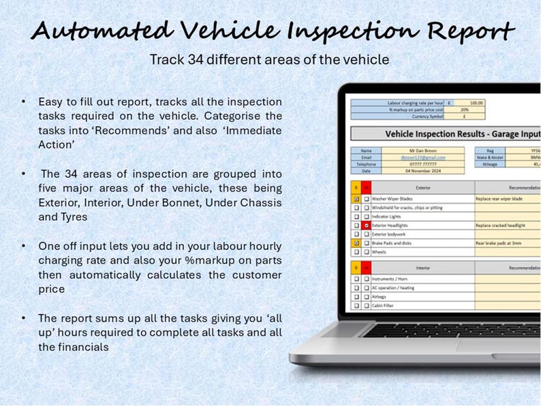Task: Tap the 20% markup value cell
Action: (464, 109)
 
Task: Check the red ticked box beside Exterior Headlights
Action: (366, 225)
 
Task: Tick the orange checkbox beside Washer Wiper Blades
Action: (356, 199)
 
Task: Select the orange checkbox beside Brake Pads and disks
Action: (356, 243)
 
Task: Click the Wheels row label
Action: (380, 251)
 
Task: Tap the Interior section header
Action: (422, 268)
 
